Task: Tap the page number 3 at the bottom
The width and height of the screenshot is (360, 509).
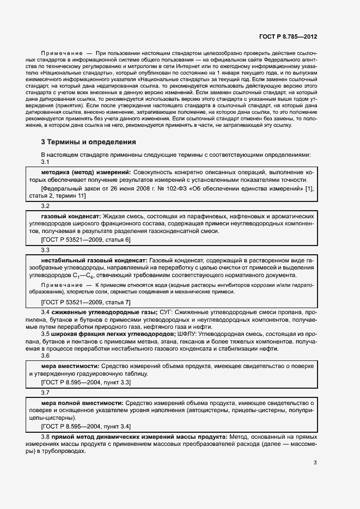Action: (x=315, y=463)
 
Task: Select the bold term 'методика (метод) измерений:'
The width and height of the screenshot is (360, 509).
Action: (x=86, y=172)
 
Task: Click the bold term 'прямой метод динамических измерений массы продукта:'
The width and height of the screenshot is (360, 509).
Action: (x=140, y=437)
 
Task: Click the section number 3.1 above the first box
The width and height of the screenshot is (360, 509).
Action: (x=45, y=162)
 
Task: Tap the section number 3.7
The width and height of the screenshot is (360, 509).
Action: (x=45, y=392)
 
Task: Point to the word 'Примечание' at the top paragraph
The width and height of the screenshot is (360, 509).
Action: (x=59, y=52)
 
